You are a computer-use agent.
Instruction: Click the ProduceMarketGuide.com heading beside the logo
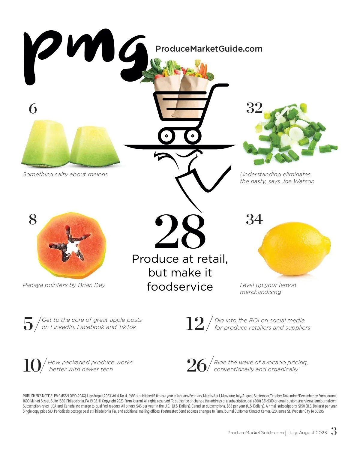[209, 49]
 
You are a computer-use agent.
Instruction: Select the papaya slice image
[72, 245]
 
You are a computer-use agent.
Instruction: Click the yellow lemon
[294, 249]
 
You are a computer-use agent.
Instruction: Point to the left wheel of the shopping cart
[166, 136]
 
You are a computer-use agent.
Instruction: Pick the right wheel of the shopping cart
[193, 136]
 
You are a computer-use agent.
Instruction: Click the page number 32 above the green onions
[254, 108]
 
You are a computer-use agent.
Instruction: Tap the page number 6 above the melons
[33, 109]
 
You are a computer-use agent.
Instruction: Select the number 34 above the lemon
[254, 220]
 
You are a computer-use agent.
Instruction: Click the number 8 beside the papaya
[33, 220]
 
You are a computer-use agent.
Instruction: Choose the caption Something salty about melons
[65, 175]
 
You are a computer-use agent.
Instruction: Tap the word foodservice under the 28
[180, 287]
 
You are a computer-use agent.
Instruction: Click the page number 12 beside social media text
[195, 324]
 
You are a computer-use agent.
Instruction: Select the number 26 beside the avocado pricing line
[197, 365]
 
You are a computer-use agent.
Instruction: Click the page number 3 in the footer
[334, 431]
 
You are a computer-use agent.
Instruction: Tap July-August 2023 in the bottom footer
[307, 433]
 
